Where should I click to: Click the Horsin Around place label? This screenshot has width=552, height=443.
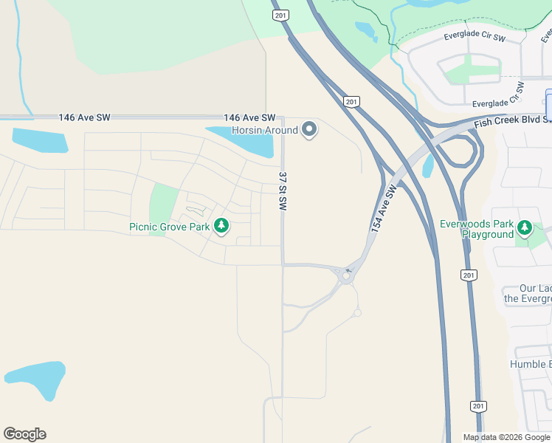265,131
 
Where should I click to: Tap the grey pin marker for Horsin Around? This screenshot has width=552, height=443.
310,130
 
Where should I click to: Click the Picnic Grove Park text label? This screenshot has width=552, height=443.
170,227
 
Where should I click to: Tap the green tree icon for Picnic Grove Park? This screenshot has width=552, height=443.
221,226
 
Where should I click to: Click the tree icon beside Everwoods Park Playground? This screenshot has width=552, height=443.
525,227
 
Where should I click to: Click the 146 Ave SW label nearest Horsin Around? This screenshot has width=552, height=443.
249,118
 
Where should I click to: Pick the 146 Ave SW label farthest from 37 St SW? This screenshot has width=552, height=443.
84,117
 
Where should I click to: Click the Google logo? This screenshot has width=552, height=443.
24,434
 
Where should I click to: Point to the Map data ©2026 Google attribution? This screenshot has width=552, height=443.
506,437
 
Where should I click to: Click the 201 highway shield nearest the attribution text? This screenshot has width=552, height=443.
478,407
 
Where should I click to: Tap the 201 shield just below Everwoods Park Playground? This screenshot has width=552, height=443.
467,275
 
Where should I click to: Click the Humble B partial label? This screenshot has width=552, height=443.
530,364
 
